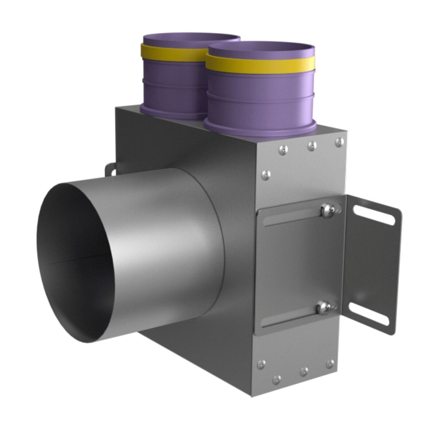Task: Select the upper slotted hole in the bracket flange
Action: pos(373,215)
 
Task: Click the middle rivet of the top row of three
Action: pos(312,146)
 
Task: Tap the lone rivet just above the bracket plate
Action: pos(266,176)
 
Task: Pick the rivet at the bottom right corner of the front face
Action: pos(330,364)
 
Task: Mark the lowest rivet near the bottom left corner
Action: pos(277,379)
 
